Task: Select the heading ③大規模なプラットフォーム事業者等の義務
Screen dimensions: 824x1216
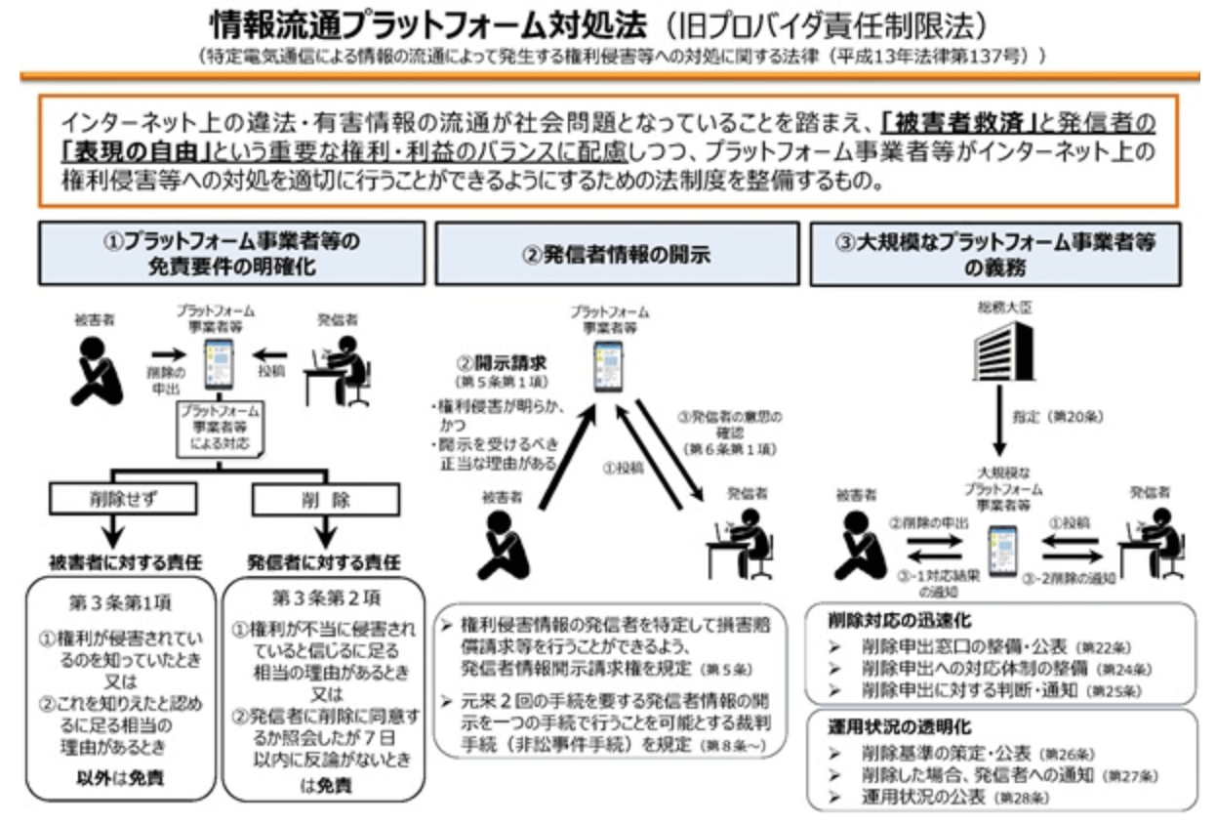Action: click(x=996, y=254)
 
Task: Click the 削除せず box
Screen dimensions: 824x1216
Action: click(x=116, y=500)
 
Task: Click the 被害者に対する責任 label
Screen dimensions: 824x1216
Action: click(x=116, y=563)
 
